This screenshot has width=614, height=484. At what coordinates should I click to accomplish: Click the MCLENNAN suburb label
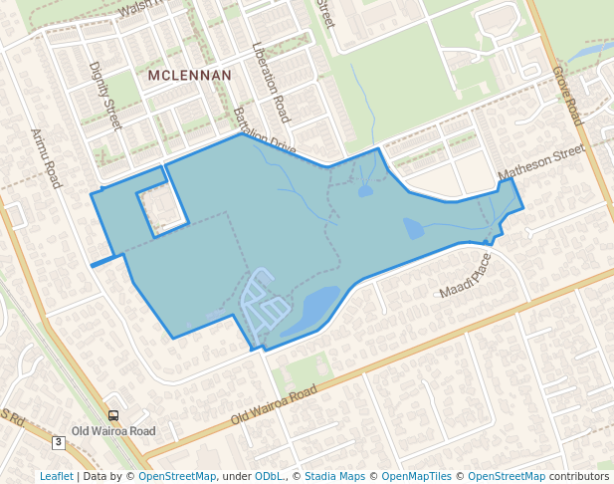point(189,75)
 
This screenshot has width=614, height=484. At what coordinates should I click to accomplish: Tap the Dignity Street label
point(104,96)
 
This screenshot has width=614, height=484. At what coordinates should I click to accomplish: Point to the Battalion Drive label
point(264,131)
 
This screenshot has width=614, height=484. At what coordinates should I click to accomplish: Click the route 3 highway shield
point(59,441)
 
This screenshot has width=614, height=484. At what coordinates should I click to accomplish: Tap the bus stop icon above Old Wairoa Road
point(112,415)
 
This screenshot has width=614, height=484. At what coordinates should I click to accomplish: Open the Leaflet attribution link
point(56,476)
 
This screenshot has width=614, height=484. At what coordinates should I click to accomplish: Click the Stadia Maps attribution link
point(334,476)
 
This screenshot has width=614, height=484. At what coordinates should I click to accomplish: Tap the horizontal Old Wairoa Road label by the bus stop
point(114,431)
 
